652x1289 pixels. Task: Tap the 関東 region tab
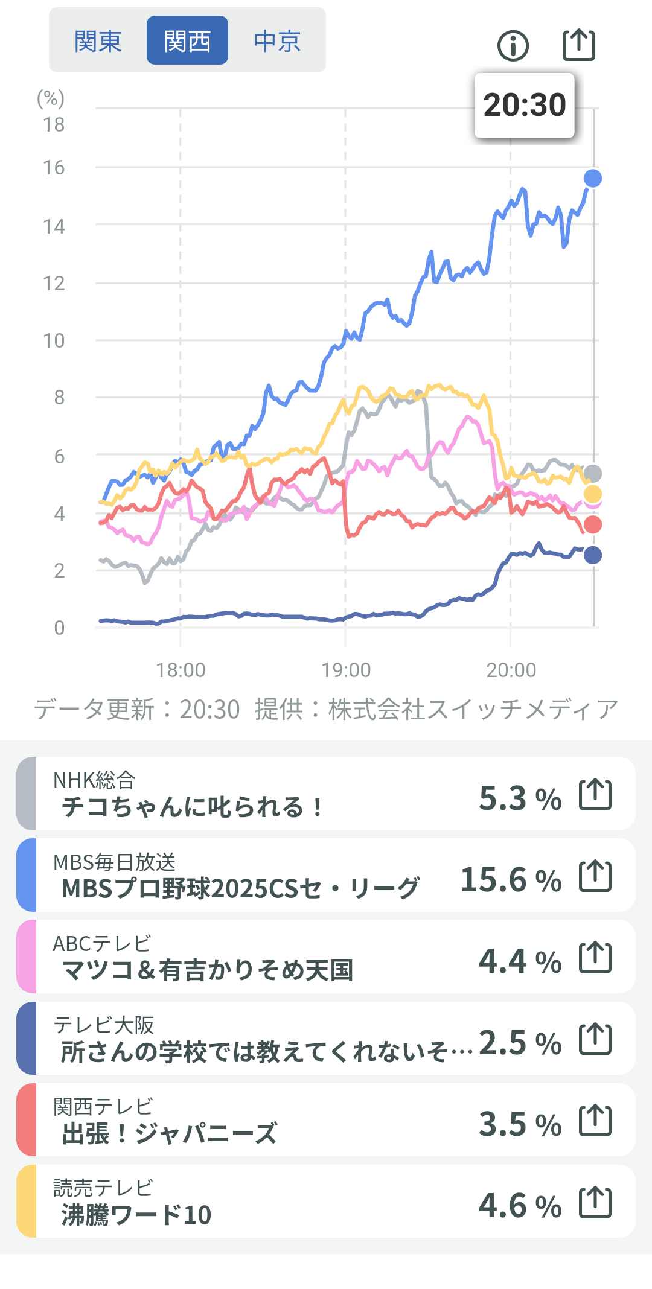98,41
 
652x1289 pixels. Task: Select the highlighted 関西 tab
187,41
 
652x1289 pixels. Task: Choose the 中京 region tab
277,41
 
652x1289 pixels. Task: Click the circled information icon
513,46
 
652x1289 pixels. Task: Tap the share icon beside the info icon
578,45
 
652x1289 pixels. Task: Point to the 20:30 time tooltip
524,106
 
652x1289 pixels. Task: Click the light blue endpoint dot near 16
593,178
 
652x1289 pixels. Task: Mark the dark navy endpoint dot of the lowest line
593,555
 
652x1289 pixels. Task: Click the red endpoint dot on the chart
593,524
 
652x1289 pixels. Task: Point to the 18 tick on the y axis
54,125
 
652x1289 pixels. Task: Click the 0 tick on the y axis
59,628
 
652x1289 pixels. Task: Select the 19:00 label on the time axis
346,670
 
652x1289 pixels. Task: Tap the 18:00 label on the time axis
181,670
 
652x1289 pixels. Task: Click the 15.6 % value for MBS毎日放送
511,879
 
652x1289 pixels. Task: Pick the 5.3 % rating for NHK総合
520,798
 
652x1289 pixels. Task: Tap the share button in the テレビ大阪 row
595,1039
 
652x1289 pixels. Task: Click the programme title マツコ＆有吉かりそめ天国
207,970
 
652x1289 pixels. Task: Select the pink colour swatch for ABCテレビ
27,956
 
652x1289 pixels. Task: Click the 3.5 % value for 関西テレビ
520,1124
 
